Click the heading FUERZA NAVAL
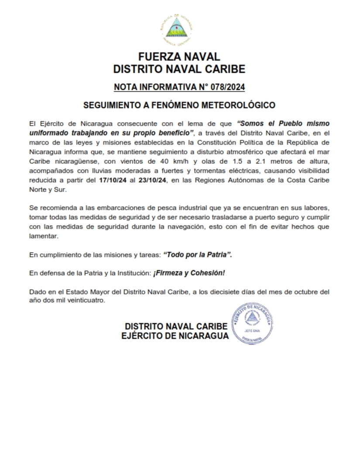pos(179,57)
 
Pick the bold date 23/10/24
pos(152,181)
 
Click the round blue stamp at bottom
pos(253,324)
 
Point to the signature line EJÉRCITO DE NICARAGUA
pos(175,336)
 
